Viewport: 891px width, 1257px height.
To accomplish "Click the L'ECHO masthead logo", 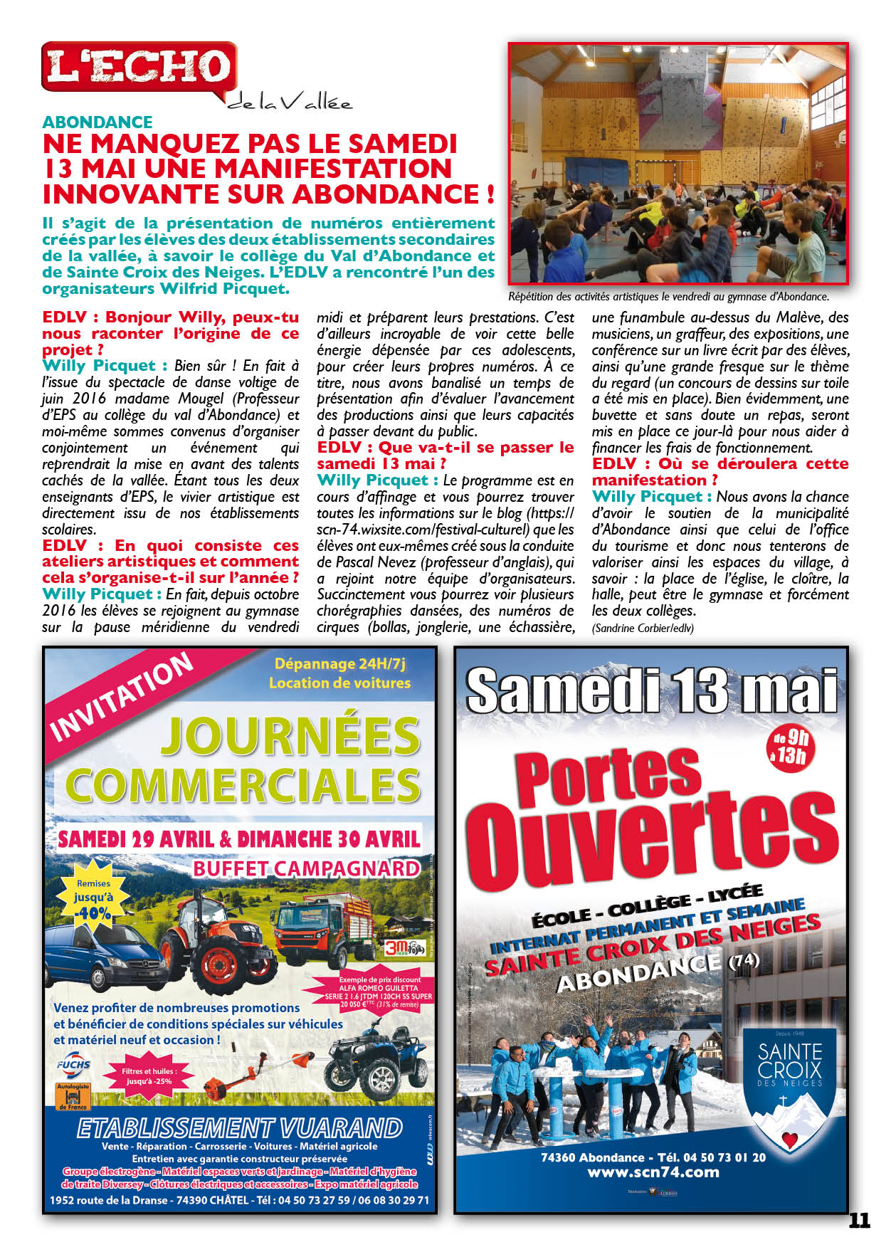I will click(x=139, y=68).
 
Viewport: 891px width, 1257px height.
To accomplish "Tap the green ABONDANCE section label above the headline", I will click(x=97, y=122).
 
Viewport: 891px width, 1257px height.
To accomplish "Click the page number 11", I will click(x=859, y=1221).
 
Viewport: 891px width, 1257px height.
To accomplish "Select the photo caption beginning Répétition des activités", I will click(x=668, y=297).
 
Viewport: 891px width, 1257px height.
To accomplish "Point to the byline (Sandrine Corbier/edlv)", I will click(x=642, y=628).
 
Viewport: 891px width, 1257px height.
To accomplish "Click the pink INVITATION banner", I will click(x=121, y=697).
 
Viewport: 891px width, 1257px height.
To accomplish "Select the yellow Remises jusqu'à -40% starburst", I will click(x=93, y=898).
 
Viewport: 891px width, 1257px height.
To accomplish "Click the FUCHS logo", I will click(x=73, y=1065).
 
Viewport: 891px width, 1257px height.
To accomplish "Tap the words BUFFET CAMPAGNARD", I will click(x=306, y=868).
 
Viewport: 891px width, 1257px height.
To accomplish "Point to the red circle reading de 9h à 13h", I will click(x=791, y=747).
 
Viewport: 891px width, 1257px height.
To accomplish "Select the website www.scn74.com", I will click(x=653, y=1172).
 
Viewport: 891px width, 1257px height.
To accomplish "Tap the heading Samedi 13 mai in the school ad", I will click(x=651, y=690).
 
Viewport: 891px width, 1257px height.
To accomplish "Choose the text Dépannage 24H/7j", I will click(x=339, y=664).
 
